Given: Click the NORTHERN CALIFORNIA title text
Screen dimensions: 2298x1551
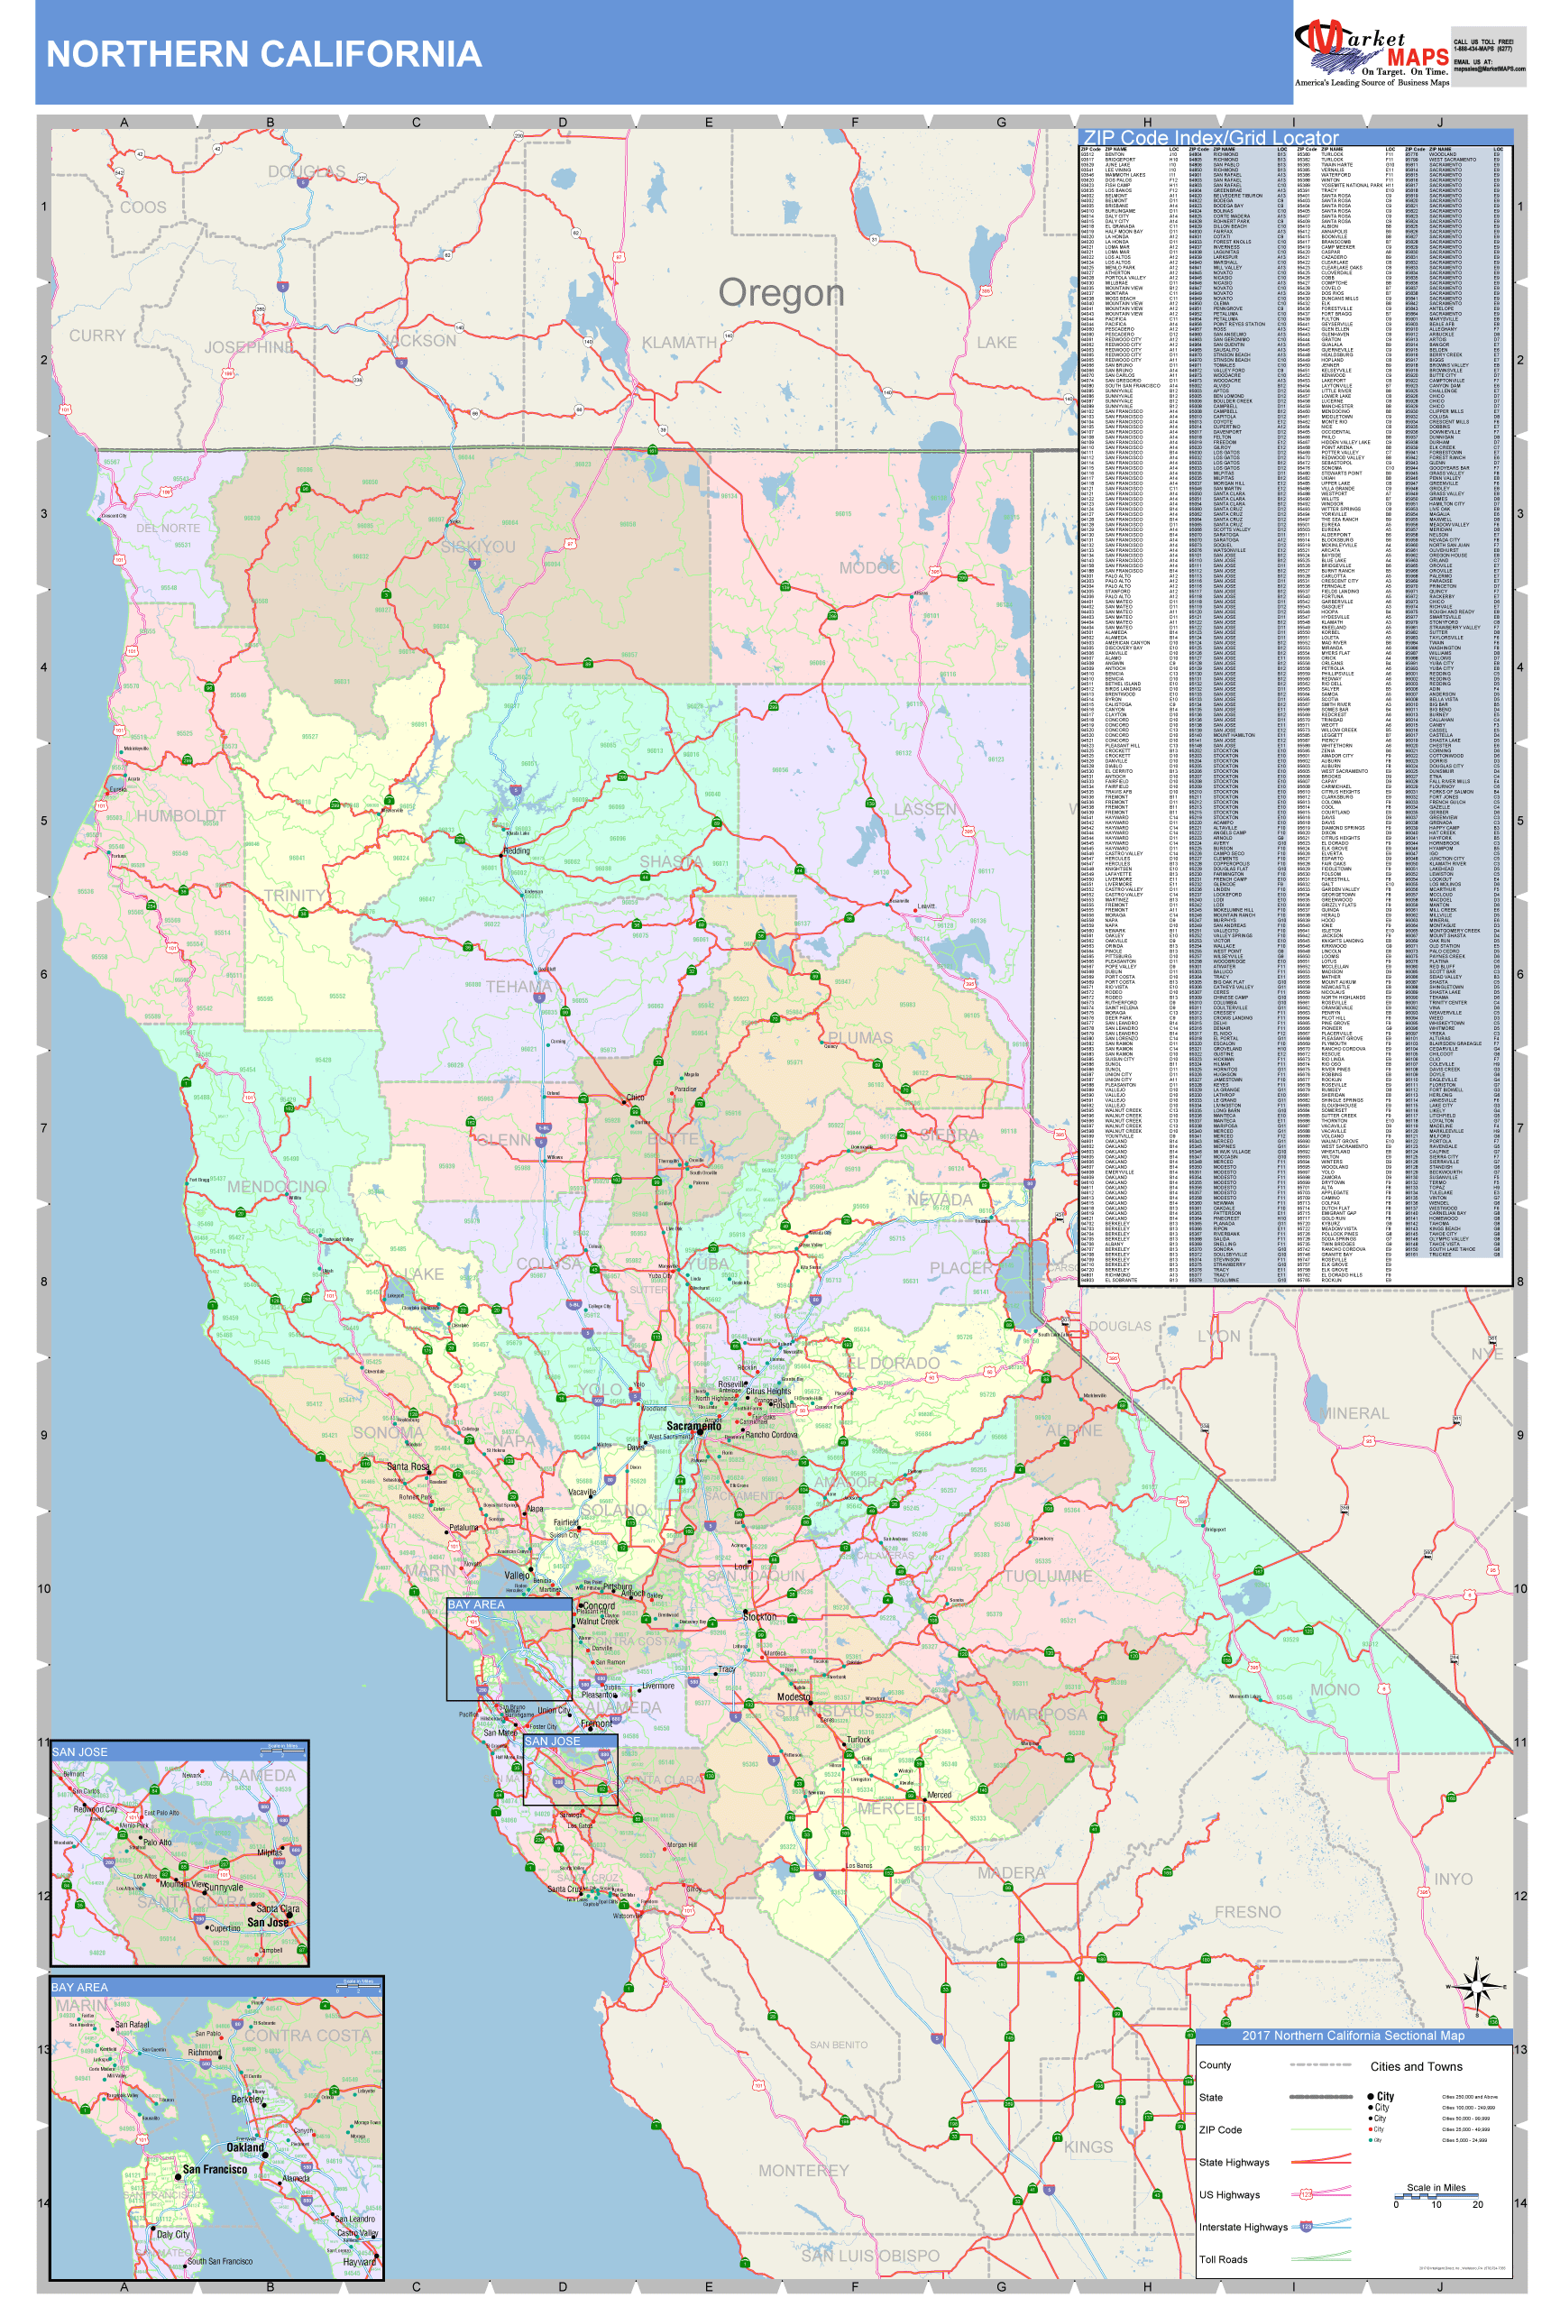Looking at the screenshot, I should point(264,54).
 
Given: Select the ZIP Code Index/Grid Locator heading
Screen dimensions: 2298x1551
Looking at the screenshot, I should point(1210,138).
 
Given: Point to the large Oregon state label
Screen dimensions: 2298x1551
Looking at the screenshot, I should point(781,293).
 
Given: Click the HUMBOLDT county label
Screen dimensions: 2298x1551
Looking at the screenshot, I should point(181,816).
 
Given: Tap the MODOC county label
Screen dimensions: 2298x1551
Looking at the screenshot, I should point(869,567).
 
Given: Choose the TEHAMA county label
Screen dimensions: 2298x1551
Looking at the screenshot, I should point(518,987).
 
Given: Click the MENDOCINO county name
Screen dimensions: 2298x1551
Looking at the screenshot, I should point(277,1187).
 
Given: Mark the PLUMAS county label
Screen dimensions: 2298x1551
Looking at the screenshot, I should point(860,1037).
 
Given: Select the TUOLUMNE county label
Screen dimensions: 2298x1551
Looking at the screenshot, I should point(1048,1576).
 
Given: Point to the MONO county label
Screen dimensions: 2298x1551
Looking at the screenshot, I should point(1335,1690).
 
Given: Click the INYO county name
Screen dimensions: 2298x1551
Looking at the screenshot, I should point(1453,1879).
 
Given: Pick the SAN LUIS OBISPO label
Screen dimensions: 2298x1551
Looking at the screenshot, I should point(870,2256).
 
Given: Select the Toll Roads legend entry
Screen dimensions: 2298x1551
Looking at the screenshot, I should point(1223,2259).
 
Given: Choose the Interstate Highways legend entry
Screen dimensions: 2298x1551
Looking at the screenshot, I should point(1243,2227).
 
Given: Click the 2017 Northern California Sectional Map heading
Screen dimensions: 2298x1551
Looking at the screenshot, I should point(1353,2035).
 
